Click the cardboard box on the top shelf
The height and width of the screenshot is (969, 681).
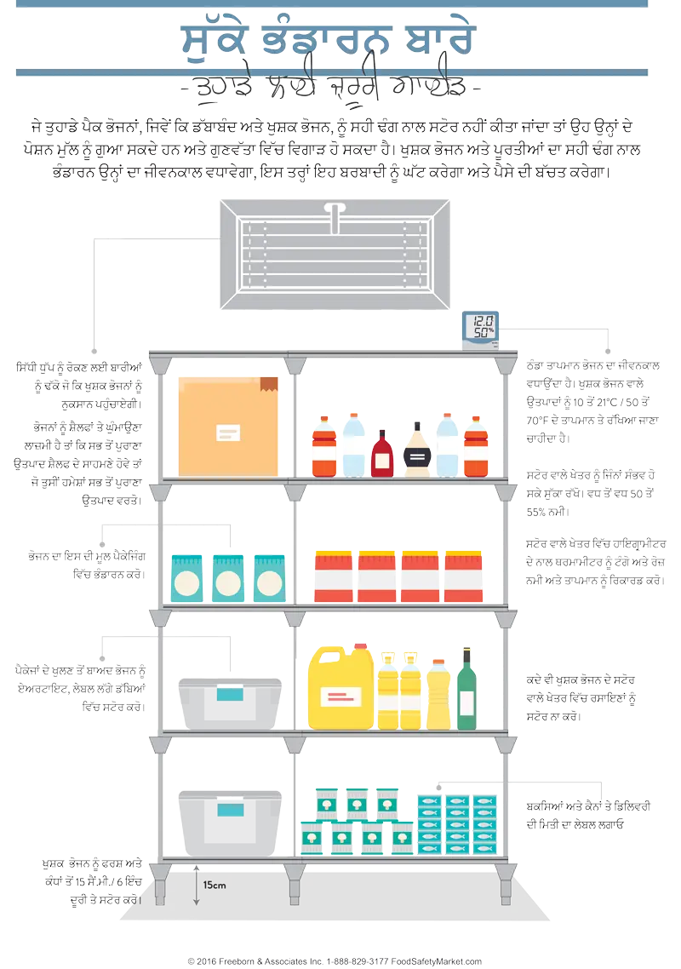pos(227,425)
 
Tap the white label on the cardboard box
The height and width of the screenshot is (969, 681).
pos(227,432)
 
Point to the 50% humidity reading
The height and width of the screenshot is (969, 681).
pos(484,333)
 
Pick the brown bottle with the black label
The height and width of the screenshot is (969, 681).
pos(417,450)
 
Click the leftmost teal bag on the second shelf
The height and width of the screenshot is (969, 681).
pos(186,578)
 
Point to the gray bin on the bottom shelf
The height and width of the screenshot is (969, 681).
pos(228,823)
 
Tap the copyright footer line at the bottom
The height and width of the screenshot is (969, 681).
pos(335,960)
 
